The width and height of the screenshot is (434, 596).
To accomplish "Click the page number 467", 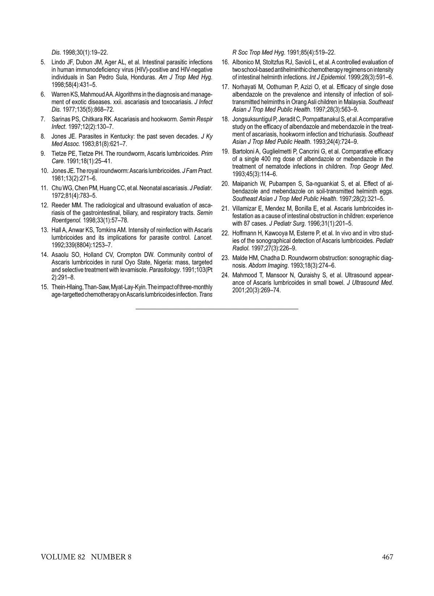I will [x=387, y=557].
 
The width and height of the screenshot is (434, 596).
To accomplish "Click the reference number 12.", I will [x=45, y=205].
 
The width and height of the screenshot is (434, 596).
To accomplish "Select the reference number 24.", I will [x=225, y=275].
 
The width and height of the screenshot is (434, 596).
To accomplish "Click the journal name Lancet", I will [x=203, y=237].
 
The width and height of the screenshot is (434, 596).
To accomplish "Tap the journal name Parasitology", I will [x=164, y=269].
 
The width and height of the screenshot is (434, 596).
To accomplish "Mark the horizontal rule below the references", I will [x=217, y=309].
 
